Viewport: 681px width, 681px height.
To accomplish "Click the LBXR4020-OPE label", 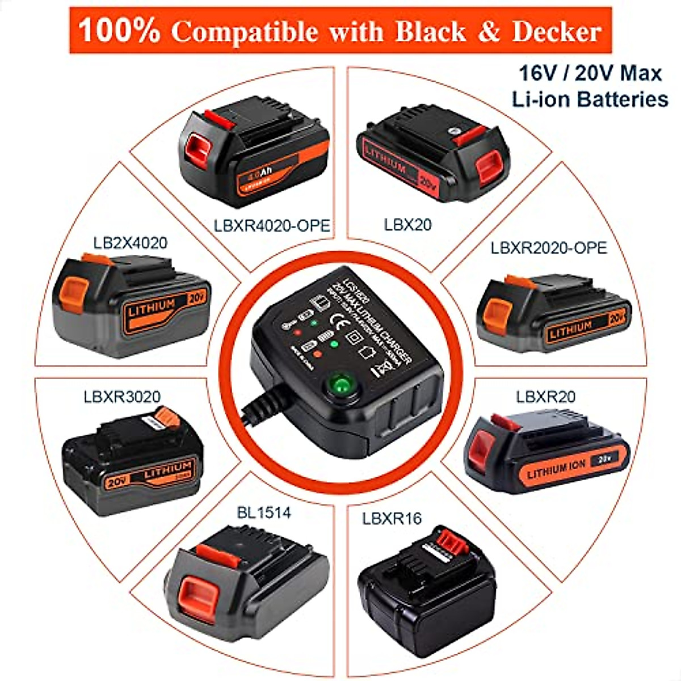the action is (272, 225).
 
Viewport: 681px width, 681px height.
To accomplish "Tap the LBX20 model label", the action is (407, 225).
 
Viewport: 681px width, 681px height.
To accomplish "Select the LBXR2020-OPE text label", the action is (549, 248).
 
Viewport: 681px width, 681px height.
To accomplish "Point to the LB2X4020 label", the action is (131, 243).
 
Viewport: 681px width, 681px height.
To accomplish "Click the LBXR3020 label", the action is (122, 396).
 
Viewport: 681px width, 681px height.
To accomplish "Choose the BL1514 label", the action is (263, 513).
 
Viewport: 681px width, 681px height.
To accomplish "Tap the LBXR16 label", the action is (392, 518).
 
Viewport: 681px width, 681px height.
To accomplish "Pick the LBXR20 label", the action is (545, 396).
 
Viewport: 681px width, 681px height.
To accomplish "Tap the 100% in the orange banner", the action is (119, 31).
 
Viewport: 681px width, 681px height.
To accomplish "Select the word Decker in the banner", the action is (556, 32).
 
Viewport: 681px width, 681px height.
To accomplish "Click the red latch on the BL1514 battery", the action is (200, 589).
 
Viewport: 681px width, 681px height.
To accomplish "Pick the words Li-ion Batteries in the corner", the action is (590, 99).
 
